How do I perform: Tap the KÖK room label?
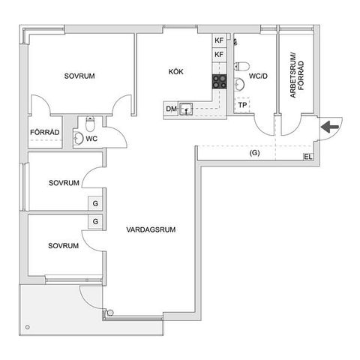(175, 72)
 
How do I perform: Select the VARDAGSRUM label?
(151, 230)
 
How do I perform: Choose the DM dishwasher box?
(171, 109)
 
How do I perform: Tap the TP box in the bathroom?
(242, 105)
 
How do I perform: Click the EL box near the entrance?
(307, 157)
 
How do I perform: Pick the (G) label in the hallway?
(255, 153)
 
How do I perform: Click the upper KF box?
(219, 40)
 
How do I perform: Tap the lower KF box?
(219, 55)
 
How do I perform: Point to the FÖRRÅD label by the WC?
(44, 133)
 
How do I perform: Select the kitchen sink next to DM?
(185, 109)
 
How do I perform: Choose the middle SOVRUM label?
(64, 183)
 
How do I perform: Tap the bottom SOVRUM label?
(64, 246)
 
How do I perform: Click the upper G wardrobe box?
(95, 203)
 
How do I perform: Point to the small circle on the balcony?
(27, 327)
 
